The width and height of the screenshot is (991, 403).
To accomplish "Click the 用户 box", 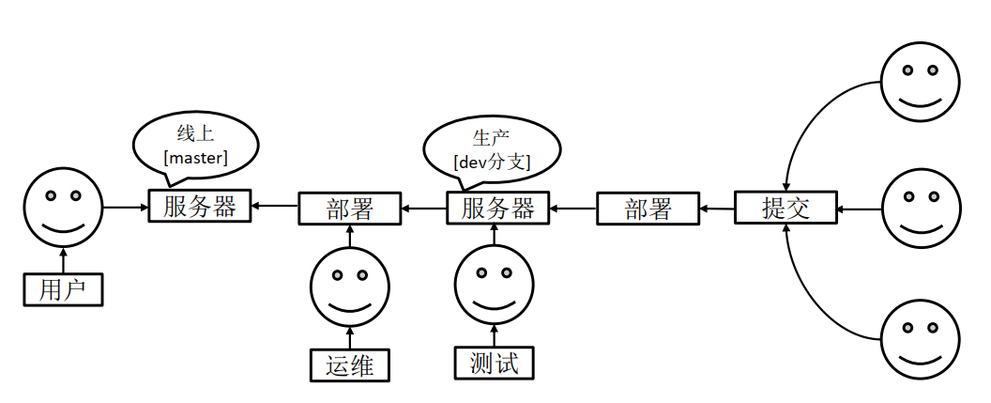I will pyautogui.click(x=63, y=289).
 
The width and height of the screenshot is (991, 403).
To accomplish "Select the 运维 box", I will pyautogui.click(x=350, y=365).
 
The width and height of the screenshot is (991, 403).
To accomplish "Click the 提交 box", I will pyautogui.click(x=785, y=208).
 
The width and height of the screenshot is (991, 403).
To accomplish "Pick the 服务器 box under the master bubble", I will pyautogui.click(x=200, y=206).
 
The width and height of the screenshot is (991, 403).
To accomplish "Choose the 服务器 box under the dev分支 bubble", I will pyautogui.click(x=497, y=208).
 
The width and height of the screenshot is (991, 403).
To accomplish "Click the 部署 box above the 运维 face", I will pyautogui.click(x=349, y=209).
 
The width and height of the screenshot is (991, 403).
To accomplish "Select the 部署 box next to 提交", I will pyautogui.click(x=648, y=209).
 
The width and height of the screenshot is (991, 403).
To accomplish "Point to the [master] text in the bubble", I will pyautogui.click(x=196, y=158).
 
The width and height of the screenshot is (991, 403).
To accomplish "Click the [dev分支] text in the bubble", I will pyautogui.click(x=492, y=162).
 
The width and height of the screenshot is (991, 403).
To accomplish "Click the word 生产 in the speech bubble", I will pyautogui.click(x=491, y=137).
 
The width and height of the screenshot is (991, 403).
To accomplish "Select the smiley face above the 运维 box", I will pyautogui.click(x=349, y=286).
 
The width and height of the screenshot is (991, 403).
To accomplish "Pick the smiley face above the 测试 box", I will pyautogui.click(x=494, y=285).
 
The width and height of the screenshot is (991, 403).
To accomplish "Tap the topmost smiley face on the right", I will pyautogui.click(x=921, y=81).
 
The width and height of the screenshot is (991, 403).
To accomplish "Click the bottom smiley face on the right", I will pyautogui.click(x=921, y=338).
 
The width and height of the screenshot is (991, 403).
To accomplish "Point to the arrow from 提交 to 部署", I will pyautogui.click(x=718, y=209).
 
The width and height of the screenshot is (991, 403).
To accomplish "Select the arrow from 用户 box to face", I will pyautogui.click(x=63, y=259).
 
